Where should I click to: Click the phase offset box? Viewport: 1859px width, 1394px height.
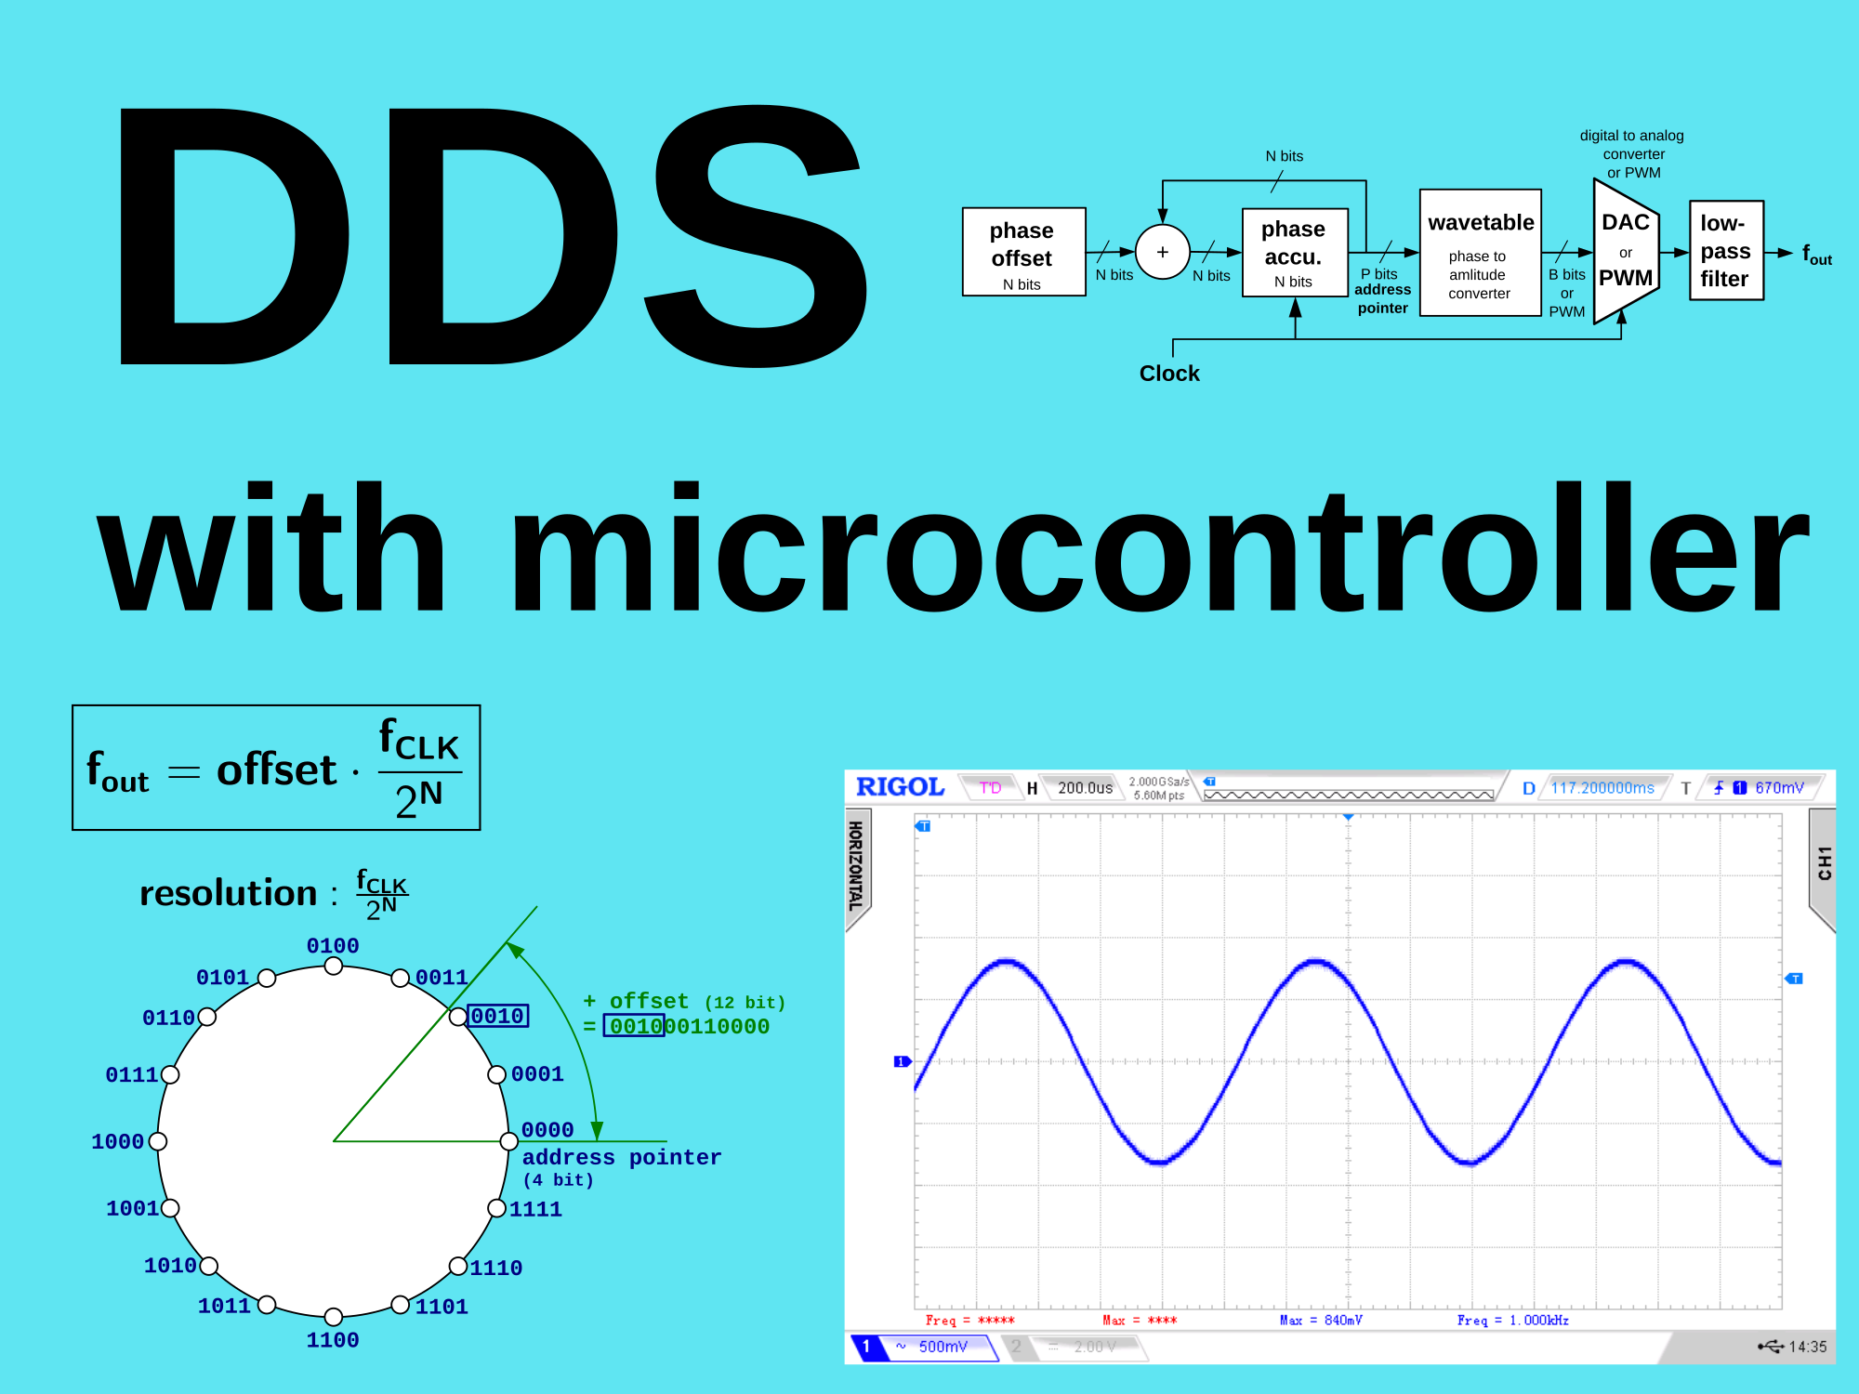tap(1023, 252)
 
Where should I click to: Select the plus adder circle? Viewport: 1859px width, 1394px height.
tap(1163, 252)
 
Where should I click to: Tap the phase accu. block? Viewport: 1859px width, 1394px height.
tap(1295, 252)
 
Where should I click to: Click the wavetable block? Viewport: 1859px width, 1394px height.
tap(1481, 253)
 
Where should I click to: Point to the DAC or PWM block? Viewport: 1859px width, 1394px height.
tap(1626, 251)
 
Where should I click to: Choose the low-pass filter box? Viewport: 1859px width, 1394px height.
tap(1726, 251)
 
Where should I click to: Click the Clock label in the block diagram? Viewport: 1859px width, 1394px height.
tap(1169, 374)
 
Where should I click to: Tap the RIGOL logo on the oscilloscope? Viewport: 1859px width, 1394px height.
tap(900, 787)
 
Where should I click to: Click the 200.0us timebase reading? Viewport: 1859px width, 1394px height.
tap(1085, 788)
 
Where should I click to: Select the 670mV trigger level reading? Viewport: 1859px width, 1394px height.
tap(1779, 788)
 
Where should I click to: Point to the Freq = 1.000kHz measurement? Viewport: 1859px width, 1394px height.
tap(1512, 1321)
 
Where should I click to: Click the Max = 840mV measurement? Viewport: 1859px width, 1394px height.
tap(1321, 1321)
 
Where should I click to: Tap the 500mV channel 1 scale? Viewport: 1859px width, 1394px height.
tap(943, 1347)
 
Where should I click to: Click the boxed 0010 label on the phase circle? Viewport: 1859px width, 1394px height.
tap(497, 1016)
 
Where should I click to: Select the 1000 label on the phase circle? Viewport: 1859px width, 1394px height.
tap(118, 1141)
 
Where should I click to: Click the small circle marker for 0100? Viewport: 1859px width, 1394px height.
tap(334, 967)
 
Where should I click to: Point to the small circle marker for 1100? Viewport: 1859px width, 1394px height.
tap(334, 1317)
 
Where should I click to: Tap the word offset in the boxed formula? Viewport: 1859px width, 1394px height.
tap(276, 769)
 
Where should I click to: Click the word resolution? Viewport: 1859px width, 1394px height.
tap(229, 893)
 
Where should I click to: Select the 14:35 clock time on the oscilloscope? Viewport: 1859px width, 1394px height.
tap(1808, 1347)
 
